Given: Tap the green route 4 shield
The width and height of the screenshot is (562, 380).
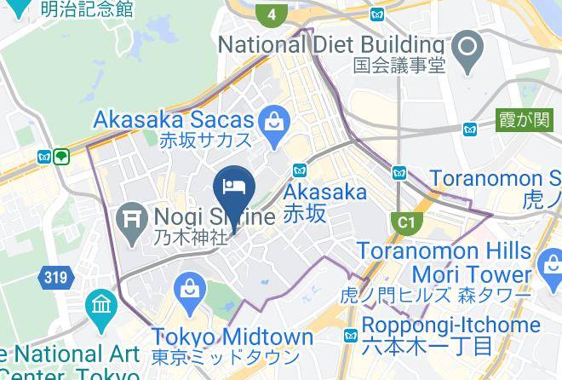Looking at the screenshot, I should pyautogui.click(x=271, y=14).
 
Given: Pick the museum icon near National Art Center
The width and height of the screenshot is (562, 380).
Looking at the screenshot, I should pyautogui.click(x=100, y=305).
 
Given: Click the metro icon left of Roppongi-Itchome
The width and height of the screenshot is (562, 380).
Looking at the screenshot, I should pyautogui.click(x=351, y=336).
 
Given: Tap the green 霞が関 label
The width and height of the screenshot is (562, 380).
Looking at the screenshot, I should pyautogui.click(x=524, y=119).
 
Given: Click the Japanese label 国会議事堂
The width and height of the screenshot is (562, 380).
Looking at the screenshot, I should pyautogui.click(x=400, y=66).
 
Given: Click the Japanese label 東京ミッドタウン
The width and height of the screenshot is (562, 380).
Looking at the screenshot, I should pyautogui.click(x=226, y=357).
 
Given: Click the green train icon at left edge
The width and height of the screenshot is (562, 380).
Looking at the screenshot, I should pyautogui.click(x=61, y=157).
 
